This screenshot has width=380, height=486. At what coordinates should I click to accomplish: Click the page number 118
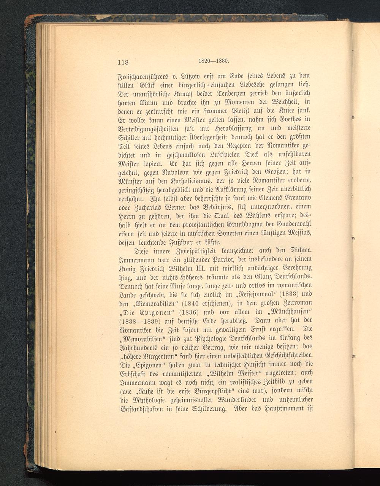123,63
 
